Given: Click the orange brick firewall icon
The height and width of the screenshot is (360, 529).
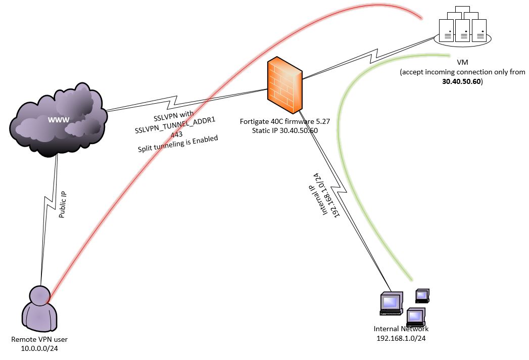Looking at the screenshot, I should click(285, 84).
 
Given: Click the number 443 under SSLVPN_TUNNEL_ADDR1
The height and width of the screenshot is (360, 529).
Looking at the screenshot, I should click(177, 134).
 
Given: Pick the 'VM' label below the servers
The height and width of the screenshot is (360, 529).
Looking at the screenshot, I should click(462, 62).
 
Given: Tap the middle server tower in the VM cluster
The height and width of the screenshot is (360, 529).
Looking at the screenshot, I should click(462, 30).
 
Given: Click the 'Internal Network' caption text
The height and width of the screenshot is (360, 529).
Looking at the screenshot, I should click(401, 329).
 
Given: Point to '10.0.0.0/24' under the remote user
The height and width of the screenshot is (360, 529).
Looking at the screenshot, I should click(38, 348).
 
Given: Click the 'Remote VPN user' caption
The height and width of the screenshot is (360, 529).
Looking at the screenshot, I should click(38, 339).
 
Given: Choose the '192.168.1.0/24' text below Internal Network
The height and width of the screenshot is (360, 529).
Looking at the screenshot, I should click(401, 338).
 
